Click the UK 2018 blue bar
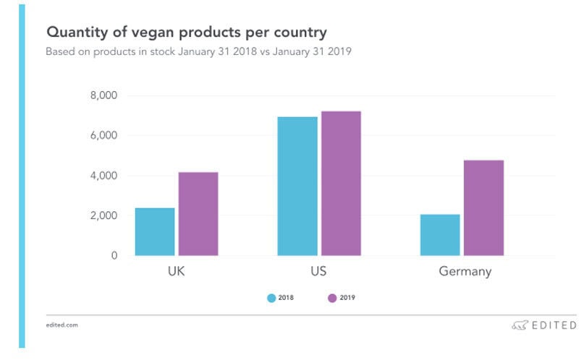[155, 231]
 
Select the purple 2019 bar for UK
[198, 214]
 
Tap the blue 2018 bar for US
[297, 186]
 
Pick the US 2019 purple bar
[341, 183]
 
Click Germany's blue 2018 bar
[440, 235]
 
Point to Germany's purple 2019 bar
[483, 207]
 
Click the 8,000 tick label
[103, 95]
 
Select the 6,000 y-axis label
[103, 135]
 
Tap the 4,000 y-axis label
[103, 176]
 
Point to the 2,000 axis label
[103, 215]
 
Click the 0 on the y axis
[114, 256]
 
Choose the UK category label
[176, 273]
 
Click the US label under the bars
[318, 273]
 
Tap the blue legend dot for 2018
[271, 297]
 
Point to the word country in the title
[297, 33]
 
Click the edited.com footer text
[61, 325]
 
